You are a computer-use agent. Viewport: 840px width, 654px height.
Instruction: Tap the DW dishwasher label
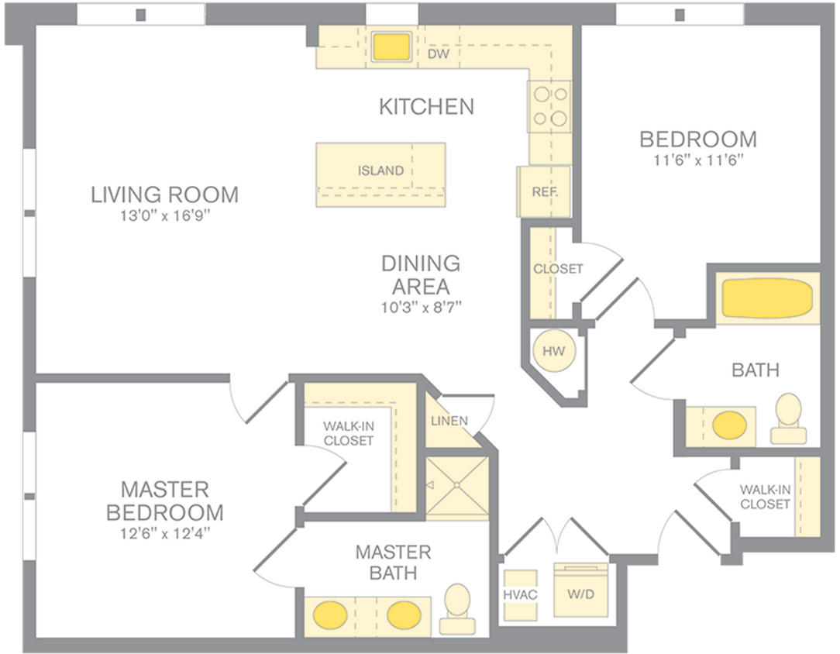(439, 55)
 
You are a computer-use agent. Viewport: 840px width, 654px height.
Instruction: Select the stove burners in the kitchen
(549, 106)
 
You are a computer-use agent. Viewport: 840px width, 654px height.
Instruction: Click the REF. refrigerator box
(544, 191)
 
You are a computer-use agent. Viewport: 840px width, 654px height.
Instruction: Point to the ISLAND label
(380, 170)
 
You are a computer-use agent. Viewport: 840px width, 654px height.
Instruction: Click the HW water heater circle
(553, 351)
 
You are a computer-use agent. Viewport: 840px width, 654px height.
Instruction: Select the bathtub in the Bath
(766, 298)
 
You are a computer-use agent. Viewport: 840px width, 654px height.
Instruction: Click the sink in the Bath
(729, 425)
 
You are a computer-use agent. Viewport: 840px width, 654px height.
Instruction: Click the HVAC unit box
(520, 594)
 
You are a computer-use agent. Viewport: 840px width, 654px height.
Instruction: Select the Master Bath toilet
(456, 608)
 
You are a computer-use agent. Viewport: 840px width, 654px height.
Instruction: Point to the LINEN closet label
(449, 421)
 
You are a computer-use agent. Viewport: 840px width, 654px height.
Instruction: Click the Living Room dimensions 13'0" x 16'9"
(164, 215)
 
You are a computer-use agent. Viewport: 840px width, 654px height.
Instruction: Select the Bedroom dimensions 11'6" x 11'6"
(697, 160)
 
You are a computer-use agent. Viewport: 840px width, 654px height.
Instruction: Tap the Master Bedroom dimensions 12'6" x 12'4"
(164, 533)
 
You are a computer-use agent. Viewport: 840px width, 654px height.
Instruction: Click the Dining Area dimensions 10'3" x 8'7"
(420, 306)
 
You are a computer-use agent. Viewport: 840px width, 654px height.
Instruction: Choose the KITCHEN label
(426, 106)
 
